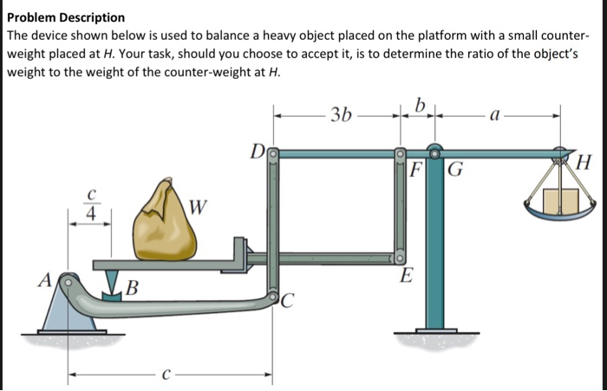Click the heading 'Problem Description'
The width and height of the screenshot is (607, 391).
(66, 17)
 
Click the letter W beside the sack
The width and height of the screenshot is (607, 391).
(198, 207)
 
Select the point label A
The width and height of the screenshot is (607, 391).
(42, 279)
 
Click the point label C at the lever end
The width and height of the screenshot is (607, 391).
(287, 302)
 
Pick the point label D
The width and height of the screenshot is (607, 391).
(257, 154)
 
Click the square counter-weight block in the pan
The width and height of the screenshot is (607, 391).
(561, 202)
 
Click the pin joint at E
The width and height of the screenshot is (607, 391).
(400, 257)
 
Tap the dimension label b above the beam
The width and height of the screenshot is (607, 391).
(420, 106)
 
